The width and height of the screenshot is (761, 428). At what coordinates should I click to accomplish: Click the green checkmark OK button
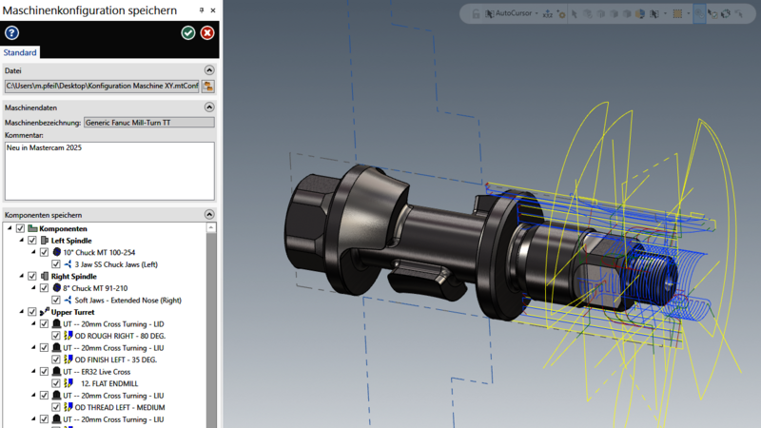pos(188,33)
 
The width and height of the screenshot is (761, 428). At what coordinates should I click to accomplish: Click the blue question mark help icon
pos(11,33)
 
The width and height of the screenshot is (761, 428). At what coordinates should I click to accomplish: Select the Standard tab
pos(20,52)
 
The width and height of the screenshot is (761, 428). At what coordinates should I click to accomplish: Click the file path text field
pos(101,87)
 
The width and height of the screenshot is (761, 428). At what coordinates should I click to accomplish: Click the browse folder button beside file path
pos(208,87)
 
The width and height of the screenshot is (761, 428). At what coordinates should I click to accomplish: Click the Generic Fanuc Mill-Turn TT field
pos(148,122)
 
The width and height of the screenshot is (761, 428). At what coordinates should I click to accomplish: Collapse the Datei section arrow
pos(209,70)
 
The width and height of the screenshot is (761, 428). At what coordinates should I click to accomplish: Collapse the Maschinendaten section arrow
pos(209,107)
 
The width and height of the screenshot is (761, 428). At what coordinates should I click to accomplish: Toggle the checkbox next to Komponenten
pos(20,229)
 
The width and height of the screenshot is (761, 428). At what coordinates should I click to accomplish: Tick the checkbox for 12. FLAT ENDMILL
pos(56,383)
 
